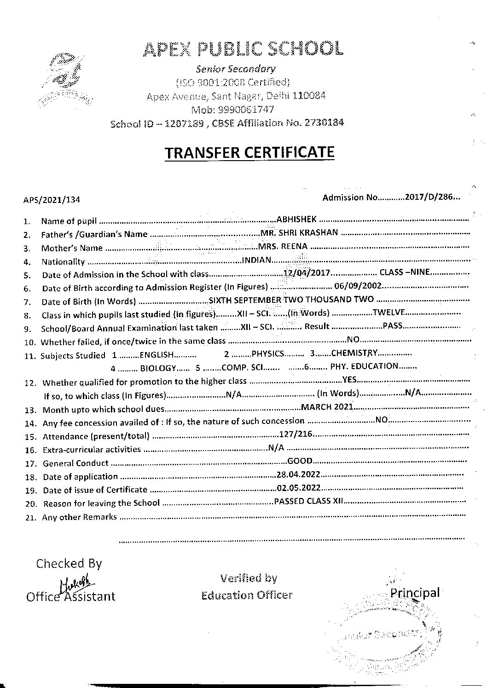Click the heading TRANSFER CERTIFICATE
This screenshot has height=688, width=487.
click(x=249, y=152)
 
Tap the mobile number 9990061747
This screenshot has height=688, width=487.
click(x=253, y=110)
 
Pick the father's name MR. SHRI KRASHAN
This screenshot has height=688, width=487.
click(x=299, y=233)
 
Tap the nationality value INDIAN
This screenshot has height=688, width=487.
click(x=257, y=260)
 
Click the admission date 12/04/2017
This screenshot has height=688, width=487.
click(x=307, y=273)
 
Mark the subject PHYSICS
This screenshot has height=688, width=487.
click(x=268, y=354)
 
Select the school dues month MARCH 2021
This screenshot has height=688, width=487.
click(x=326, y=407)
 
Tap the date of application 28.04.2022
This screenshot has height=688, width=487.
click(x=298, y=474)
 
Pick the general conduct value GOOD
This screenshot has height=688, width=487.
click(x=300, y=461)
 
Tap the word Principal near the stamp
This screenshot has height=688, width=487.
click(x=415, y=592)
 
